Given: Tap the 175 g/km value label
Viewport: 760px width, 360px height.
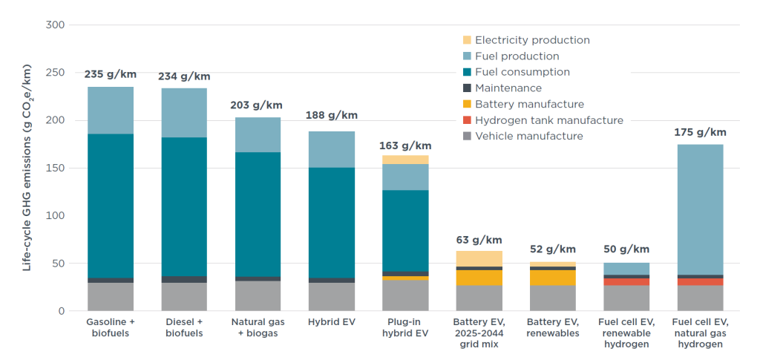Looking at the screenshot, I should coord(701,132).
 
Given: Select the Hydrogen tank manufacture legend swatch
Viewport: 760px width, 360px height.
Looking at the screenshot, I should coord(467,120).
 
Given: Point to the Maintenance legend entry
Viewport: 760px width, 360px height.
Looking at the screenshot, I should coord(508,88).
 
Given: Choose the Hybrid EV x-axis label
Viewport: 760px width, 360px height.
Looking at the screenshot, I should coord(332,322).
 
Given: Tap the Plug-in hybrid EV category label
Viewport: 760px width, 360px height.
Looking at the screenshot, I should coord(404,327).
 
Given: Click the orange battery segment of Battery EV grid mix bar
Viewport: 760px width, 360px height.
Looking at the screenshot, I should coord(479,278).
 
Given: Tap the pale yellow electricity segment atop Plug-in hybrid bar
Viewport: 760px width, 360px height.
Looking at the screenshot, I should coord(405,160).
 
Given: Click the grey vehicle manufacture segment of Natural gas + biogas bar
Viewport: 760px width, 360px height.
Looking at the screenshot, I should coord(258,295).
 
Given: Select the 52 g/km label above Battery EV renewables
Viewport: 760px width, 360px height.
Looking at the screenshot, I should coord(553,249).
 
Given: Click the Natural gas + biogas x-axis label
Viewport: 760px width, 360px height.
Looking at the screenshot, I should coord(258,327).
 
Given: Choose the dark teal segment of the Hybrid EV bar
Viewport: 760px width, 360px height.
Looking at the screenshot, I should coord(332,223).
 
